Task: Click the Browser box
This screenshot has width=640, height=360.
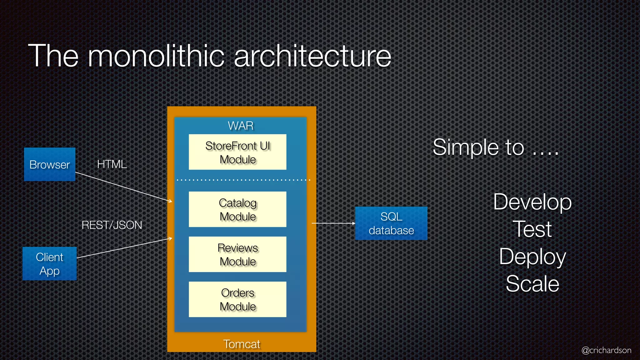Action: (x=50, y=164)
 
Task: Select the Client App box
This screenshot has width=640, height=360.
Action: (x=50, y=263)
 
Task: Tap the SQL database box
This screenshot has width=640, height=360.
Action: (x=391, y=223)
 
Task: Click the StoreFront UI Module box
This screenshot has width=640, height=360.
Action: (x=237, y=152)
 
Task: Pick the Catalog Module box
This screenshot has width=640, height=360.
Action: (x=237, y=209)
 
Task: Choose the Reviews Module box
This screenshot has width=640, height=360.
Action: (x=237, y=254)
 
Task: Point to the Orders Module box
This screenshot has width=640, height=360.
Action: (x=237, y=299)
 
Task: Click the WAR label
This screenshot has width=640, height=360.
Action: (x=240, y=126)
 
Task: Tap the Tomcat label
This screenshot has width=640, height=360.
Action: (x=242, y=344)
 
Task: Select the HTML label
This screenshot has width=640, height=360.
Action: (x=112, y=164)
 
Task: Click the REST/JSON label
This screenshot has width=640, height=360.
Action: (x=112, y=225)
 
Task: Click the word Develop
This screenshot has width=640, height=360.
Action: (x=532, y=202)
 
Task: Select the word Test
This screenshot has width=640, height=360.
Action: (x=532, y=229)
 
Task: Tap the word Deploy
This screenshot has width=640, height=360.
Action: (x=532, y=257)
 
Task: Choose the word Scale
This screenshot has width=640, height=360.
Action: (x=532, y=284)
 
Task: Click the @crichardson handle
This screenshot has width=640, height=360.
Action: (x=606, y=350)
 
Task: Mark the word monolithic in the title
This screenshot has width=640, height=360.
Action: (x=156, y=56)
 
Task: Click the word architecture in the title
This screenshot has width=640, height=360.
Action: (x=312, y=56)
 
